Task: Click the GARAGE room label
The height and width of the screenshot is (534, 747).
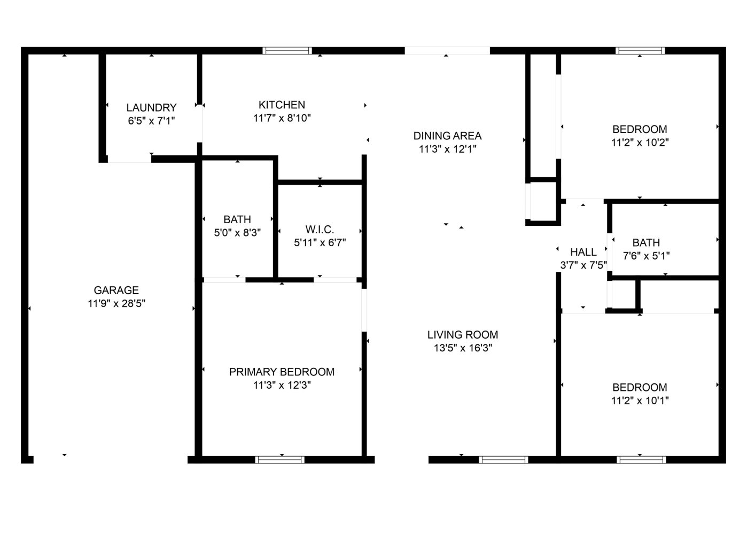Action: click(116, 290)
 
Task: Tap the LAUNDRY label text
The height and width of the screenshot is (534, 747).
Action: click(151, 108)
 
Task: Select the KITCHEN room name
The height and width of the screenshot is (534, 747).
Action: click(282, 105)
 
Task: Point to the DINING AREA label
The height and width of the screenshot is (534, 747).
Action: click(448, 136)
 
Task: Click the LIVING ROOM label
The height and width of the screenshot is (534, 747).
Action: click(463, 335)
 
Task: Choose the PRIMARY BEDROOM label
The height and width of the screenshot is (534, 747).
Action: click(282, 372)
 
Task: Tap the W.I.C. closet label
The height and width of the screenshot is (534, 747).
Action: click(320, 229)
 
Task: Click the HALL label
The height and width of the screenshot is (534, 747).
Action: click(583, 252)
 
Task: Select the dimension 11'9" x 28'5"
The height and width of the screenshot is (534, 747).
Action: click(116, 304)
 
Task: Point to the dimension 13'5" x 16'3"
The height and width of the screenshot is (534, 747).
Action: click(463, 348)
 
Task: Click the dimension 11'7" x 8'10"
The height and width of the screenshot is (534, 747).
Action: click(282, 118)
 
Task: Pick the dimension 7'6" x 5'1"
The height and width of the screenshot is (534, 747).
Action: click(647, 256)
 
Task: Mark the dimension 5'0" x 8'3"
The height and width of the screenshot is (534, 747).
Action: click(237, 233)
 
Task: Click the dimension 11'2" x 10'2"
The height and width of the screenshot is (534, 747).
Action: click(640, 143)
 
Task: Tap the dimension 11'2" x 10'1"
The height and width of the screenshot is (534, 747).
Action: click(640, 400)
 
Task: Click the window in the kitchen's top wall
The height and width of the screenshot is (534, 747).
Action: click(287, 51)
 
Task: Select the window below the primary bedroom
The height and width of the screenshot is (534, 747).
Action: click(280, 460)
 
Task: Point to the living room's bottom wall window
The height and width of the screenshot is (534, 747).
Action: click(503, 460)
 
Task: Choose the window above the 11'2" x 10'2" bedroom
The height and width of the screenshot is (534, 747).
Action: click(640, 51)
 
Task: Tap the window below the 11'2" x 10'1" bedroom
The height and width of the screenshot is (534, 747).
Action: click(641, 460)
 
